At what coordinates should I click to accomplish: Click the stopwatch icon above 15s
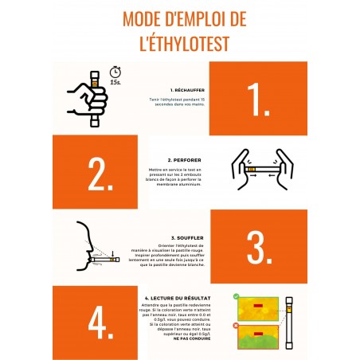116,71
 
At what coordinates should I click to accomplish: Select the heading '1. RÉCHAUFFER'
190,90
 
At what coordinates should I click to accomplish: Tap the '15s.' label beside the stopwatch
116,81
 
